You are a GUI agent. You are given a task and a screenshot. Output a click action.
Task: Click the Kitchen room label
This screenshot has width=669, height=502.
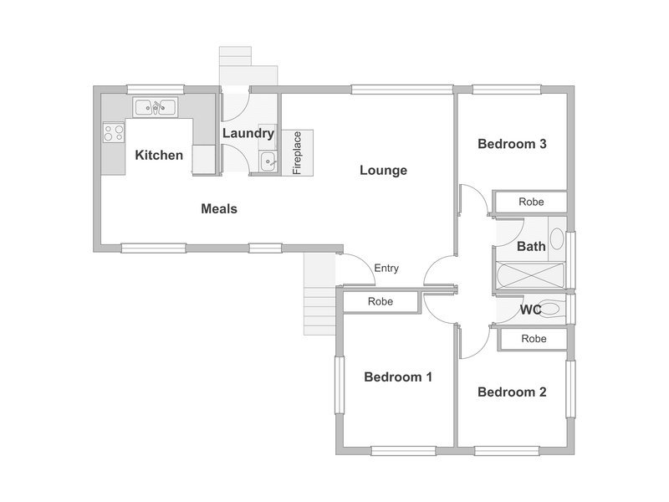point(159,155)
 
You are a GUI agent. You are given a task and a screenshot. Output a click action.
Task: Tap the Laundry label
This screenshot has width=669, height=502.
point(248,133)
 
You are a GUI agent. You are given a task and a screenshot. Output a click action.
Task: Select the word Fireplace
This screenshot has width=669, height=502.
point(298,153)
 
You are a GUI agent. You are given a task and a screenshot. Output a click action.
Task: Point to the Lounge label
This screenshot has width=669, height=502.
point(383,171)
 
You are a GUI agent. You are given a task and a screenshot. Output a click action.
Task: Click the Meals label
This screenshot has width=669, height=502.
point(219,208)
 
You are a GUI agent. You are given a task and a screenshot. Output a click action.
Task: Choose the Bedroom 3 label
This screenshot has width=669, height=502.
point(512,144)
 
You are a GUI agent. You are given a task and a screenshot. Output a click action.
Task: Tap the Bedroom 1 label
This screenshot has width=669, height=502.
point(398,377)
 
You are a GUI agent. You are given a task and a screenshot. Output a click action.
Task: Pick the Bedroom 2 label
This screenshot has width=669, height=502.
point(512,392)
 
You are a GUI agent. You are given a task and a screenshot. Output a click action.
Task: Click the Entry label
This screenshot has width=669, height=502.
point(386,269)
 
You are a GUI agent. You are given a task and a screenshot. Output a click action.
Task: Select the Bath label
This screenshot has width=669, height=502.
point(531,246)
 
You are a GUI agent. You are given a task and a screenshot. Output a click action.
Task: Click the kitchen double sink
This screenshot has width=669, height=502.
point(156,107)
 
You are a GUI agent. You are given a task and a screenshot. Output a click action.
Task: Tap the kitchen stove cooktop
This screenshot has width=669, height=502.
point(114,132)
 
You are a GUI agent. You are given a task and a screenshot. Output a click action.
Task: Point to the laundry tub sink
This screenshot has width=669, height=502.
point(268,161)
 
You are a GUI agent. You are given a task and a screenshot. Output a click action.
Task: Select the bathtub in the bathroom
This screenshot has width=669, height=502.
point(530,276)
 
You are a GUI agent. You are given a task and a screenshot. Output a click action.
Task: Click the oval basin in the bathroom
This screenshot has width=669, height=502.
point(557,239)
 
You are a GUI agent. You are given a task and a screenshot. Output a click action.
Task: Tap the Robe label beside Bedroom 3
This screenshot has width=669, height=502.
point(531,202)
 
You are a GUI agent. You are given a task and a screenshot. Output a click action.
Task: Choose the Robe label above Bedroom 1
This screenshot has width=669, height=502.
point(380,302)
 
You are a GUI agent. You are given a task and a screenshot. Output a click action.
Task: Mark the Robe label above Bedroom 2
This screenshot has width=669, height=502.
point(534,339)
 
